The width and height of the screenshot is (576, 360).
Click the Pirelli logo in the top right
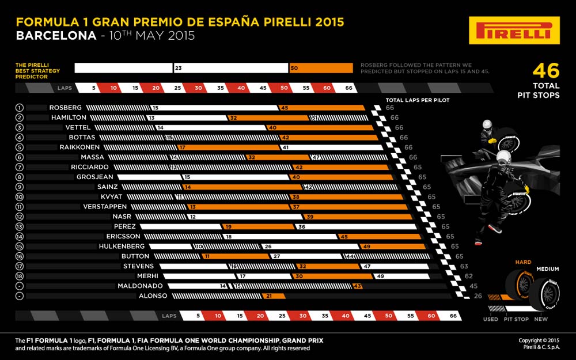pyautogui.click(x=514, y=31)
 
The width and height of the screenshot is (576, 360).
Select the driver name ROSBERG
pyautogui.click(x=66, y=108)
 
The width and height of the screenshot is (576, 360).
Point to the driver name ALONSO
pyautogui.click(x=152, y=296)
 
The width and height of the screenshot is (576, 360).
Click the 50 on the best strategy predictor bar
pyautogui.click(x=294, y=68)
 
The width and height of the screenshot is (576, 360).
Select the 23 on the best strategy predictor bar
pyautogui.click(x=179, y=68)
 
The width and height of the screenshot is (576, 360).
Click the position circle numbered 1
pyautogui.click(x=19, y=108)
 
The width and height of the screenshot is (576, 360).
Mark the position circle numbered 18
pyautogui.click(x=19, y=276)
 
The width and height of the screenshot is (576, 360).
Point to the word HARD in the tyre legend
pyautogui.click(x=524, y=262)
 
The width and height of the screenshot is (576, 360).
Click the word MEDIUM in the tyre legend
pyautogui.click(x=548, y=269)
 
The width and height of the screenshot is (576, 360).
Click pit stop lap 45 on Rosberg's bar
pyautogui.click(x=284, y=108)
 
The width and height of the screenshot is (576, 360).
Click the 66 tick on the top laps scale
pyautogui.click(x=348, y=89)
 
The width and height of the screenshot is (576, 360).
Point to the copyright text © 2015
pyautogui.click(x=539, y=340)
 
